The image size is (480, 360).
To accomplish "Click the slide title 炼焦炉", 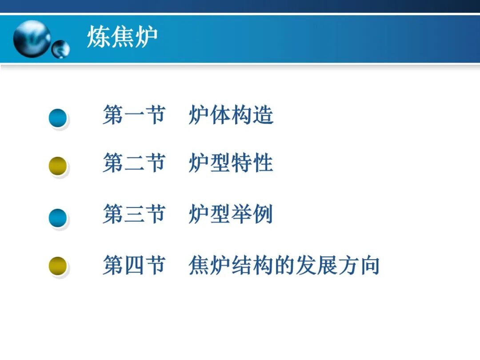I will pyautogui.click(x=122, y=37).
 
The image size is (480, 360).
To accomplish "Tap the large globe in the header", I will pyautogui.click(x=32, y=39).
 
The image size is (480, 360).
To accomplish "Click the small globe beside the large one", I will pyautogui.click(x=60, y=49).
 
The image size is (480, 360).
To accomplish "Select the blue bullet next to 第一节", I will pyautogui.click(x=58, y=118).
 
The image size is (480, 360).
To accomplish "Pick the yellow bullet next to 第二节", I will pyautogui.click(x=58, y=166).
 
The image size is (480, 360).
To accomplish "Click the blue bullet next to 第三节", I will pyautogui.click(x=58, y=218).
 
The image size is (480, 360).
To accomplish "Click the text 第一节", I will pyautogui.click(x=134, y=115).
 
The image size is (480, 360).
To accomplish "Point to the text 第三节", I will pyautogui.click(x=134, y=214).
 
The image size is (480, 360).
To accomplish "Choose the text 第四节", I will pyautogui.click(x=134, y=265).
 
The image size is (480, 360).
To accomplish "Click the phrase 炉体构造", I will pyautogui.click(x=231, y=115).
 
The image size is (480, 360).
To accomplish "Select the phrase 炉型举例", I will pyautogui.click(x=231, y=214).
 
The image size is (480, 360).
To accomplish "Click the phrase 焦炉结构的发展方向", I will pyautogui.click(x=284, y=265).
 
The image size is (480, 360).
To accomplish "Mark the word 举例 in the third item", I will pyautogui.click(x=252, y=214).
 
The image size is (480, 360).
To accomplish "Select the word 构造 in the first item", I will pyautogui.click(x=252, y=115).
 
